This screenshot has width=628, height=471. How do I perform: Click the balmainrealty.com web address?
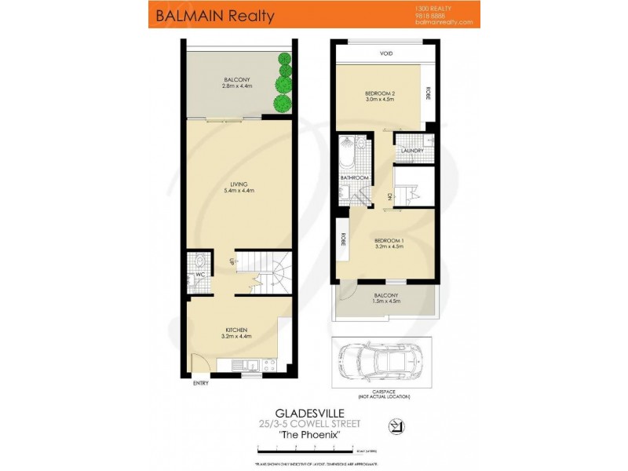click(x=444, y=22)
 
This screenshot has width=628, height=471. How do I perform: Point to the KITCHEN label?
click(x=237, y=329)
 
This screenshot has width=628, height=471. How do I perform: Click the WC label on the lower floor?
click(x=199, y=276)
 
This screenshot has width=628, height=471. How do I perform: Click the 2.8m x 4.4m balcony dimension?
click(x=237, y=86)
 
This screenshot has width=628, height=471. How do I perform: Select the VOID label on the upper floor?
click(x=385, y=54)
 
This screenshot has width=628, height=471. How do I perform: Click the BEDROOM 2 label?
click(x=380, y=93)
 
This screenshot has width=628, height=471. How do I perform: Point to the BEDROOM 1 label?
click(x=389, y=240)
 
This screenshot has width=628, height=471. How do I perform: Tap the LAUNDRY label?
click(x=412, y=151)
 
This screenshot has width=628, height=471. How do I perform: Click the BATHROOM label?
click(x=354, y=178)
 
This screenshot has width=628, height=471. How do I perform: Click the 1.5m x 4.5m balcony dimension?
click(x=385, y=300)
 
